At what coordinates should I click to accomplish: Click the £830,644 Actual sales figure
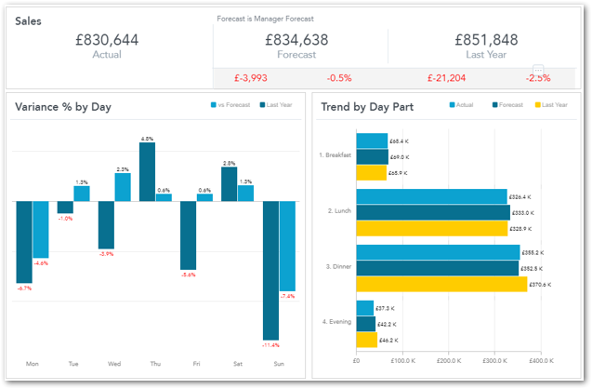click(x=107, y=39)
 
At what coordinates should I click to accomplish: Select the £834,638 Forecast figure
click(x=296, y=39)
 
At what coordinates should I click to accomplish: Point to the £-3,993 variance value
click(x=250, y=78)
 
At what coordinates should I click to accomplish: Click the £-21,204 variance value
click(x=446, y=78)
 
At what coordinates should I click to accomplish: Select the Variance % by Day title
click(x=63, y=107)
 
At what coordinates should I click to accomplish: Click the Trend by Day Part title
click(x=367, y=107)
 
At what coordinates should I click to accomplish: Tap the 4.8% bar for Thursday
click(x=147, y=171)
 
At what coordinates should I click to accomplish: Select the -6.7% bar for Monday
click(x=24, y=242)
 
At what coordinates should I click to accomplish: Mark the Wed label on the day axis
click(x=114, y=364)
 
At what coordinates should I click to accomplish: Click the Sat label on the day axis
click(x=237, y=364)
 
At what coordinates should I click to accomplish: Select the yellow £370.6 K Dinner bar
click(x=441, y=284)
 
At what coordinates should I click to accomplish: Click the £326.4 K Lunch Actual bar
click(x=431, y=196)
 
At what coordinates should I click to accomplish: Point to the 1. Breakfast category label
click(x=335, y=154)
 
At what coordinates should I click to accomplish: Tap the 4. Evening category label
click(x=335, y=321)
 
